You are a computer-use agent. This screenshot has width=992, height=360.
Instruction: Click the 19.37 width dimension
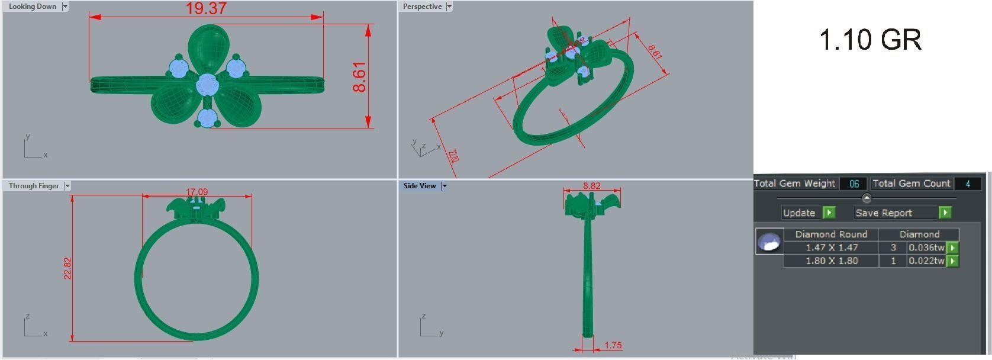click(x=205, y=8)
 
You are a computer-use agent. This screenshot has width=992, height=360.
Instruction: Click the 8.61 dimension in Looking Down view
click(x=359, y=76)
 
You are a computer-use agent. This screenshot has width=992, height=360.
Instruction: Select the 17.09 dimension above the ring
click(x=197, y=192)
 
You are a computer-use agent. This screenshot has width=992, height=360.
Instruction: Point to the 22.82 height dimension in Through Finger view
click(x=67, y=268)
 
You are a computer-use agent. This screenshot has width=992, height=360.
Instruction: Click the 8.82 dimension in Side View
click(x=591, y=186)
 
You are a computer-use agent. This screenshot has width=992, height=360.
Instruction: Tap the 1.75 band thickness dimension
click(x=613, y=345)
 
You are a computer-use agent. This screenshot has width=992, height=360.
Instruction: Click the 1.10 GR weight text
click(x=869, y=40)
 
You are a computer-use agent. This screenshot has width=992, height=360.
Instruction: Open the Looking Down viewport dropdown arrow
click(x=65, y=7)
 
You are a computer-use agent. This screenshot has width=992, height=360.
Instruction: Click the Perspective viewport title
click(x=422, y=7)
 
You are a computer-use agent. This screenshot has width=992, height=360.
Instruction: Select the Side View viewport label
click(x=419, y=186)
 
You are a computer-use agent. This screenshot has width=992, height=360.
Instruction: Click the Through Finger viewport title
click(x=34, y=186)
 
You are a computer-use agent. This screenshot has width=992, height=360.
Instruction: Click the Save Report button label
click(x=883, y=213)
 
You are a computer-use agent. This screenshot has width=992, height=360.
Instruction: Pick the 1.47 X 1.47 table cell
click(x=831, y=247)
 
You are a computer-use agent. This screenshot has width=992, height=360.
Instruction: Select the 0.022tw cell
click(x=926, y=261)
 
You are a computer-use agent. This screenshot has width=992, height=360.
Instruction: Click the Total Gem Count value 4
click(x=967, y=184)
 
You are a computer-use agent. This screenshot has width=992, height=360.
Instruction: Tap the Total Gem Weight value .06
click(x=853, y=184)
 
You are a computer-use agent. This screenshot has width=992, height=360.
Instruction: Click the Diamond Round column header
click(x=831, y=234)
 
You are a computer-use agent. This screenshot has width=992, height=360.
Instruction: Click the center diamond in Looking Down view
click(x=207, y=85)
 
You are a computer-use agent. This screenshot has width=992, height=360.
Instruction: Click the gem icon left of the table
click(x=769, y=242)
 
